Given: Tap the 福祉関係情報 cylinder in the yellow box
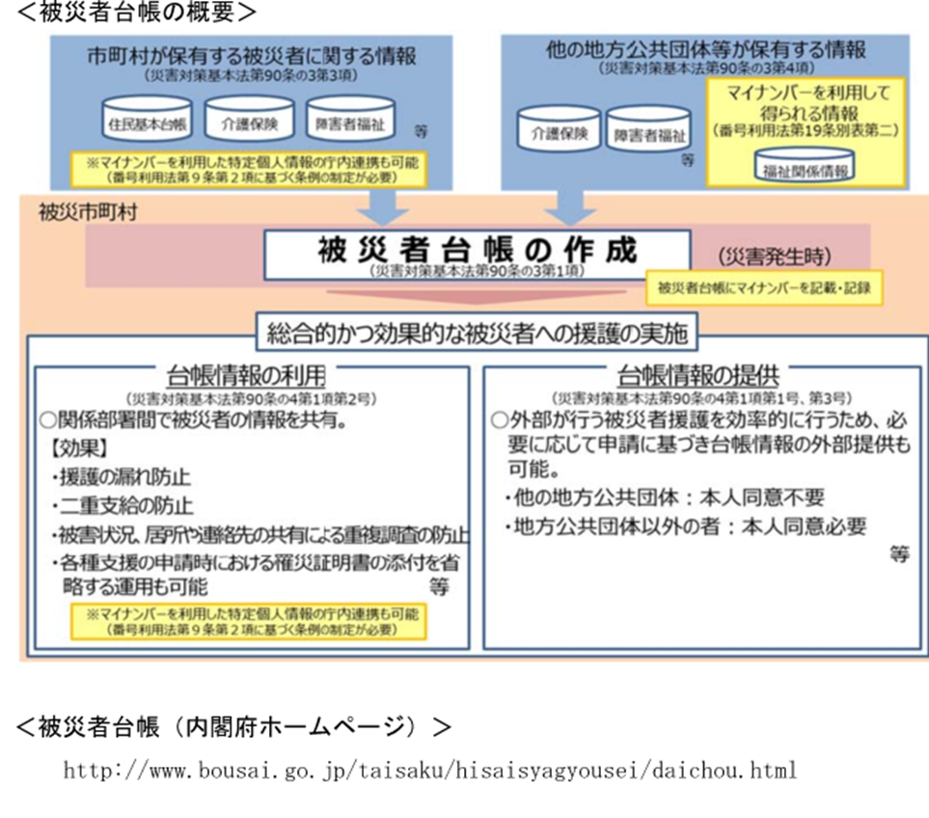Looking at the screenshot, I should [x=805, y=167].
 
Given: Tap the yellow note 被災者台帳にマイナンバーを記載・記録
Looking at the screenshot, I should [x=764, y=286].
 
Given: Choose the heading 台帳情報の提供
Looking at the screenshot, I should [x=697, y=375].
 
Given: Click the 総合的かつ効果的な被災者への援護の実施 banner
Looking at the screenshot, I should [x=477, y=334].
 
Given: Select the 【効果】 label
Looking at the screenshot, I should [x=78, y=449].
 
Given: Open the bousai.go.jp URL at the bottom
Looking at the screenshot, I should [x=429, y=771].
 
